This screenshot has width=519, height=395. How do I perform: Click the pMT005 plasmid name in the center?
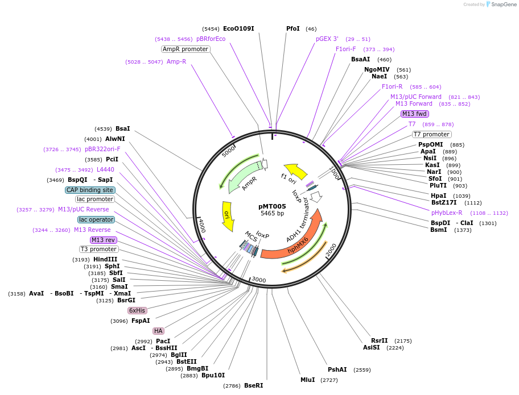coord(272,206)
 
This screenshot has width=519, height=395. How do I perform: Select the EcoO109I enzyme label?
coord(238,28)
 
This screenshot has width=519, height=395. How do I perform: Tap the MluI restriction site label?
coord(307,380)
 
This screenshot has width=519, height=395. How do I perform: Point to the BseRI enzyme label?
coord(253,385)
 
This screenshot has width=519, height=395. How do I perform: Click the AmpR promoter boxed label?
coord(186,49)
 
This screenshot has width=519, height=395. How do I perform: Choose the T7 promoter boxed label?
coord(431,135)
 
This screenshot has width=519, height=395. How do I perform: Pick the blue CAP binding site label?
coord(90,190)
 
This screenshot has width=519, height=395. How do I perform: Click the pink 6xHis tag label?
coord(137,310)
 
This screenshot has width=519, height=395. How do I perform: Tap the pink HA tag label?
coord(158,331)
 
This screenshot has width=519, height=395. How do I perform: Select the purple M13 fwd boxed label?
coord(414,114)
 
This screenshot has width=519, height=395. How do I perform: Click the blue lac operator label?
coord(96,219)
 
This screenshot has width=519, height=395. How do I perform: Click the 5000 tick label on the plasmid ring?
coord(228,151)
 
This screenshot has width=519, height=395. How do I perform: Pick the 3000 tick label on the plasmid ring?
coord(259,280)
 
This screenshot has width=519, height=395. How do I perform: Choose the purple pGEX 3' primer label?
coord(327,39)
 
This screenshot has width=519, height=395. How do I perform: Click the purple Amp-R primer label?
coord(176,61)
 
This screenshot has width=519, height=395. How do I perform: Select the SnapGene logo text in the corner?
coord(504,5)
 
